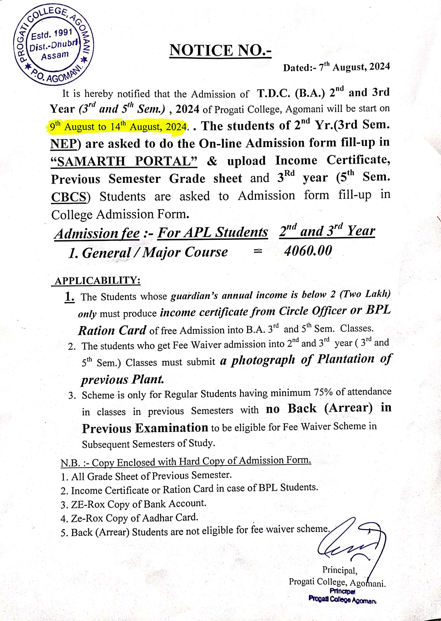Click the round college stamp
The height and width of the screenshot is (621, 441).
point(54,44)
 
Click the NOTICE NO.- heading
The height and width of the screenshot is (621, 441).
point(220,50)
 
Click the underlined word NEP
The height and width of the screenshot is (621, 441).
point(63,144)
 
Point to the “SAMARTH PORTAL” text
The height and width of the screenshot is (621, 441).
point(124,161)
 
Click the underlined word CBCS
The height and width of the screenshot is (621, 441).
point(69,197)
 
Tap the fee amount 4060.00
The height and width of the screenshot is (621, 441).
point(308,251)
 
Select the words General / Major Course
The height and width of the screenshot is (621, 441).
point(155,252)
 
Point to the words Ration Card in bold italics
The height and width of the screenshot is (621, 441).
point(112,330)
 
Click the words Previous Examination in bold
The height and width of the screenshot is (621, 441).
point(145,428)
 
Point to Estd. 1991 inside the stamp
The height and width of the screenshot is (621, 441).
point(52,34)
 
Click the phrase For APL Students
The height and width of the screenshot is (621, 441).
point(213,232)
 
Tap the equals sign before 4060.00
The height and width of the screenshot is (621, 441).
point(258,251)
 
